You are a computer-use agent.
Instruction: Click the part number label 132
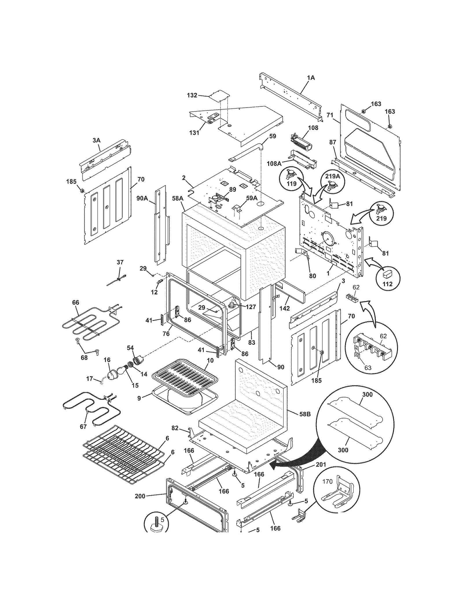[x=192, y=95]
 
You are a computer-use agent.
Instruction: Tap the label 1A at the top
[x=311, y=78]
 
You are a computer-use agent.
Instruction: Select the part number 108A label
[x=274, y=163]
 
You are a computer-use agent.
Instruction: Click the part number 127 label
[x=251, y=307]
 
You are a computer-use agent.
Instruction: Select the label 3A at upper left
[x=96, y=140]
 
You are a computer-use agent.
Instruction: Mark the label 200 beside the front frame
[x=140, y=496]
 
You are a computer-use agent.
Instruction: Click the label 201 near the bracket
[x=321, y=465]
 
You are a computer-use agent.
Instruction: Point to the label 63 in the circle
[x=368, y=368]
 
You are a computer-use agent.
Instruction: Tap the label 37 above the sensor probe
[x=120, y=262]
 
